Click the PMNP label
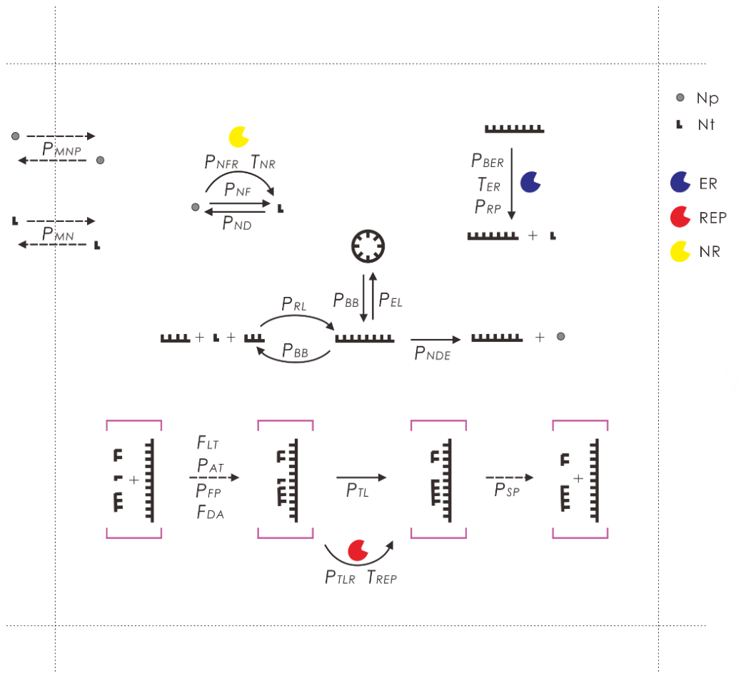61,149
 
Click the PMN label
58,234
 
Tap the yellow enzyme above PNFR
238,137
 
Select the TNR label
263,162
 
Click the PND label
237,223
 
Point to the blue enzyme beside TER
530,183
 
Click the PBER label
488,161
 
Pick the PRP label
488,207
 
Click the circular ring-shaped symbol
368,246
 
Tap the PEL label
390,300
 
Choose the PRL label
294,304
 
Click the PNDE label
433,353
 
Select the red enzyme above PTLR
358,550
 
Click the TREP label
382,577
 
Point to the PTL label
357,490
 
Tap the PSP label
507,490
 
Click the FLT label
208,442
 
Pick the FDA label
211,512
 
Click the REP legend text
712,218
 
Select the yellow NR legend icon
680,251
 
